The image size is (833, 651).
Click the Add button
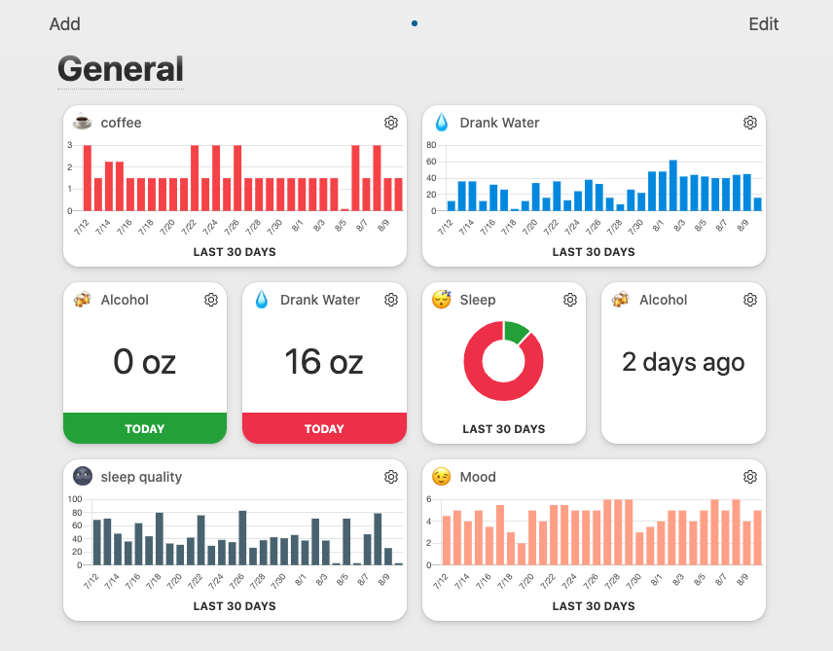65,24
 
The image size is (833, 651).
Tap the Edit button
763,24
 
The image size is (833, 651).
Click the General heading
120,69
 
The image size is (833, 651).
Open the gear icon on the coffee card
391,123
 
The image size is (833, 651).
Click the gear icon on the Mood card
750,477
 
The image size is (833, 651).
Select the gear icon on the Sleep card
570,300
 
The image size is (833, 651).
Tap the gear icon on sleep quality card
391,477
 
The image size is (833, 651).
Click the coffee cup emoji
83,123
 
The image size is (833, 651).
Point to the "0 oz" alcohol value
144,362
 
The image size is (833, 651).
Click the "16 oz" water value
323,362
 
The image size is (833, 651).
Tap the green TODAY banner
145,428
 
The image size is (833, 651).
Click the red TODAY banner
324,428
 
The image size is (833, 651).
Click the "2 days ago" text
683,362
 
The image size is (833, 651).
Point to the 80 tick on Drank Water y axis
430,145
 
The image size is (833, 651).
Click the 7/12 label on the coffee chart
81,228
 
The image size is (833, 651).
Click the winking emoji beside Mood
442,477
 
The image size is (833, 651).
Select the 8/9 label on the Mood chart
742,582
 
